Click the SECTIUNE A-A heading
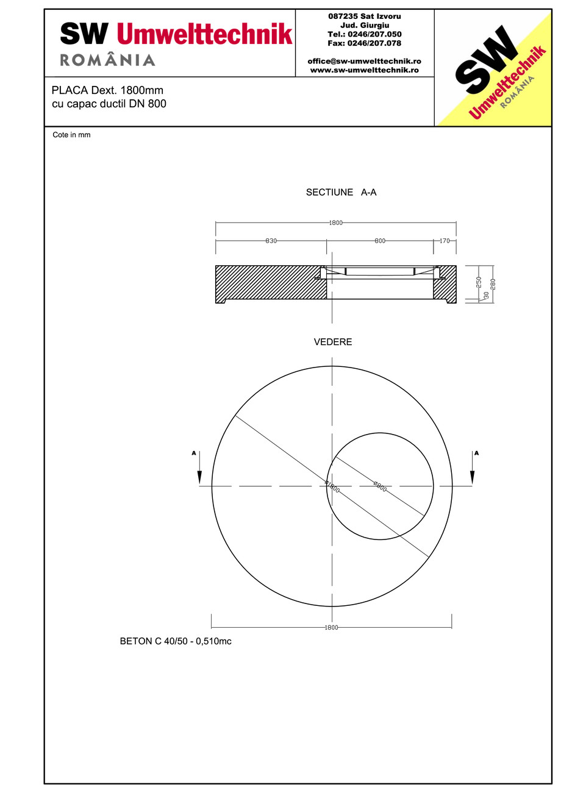341,193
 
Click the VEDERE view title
332,343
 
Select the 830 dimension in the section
271,241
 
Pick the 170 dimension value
445,241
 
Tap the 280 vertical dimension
493,283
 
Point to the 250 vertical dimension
479,282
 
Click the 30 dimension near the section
486,295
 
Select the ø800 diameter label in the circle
381,487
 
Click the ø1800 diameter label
332,486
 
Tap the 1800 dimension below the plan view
331,627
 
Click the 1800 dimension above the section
335,223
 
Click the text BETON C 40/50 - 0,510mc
176,642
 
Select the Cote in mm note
71,135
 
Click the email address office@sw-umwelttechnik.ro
364,62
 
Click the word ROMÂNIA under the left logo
107,60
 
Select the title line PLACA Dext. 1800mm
107,91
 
